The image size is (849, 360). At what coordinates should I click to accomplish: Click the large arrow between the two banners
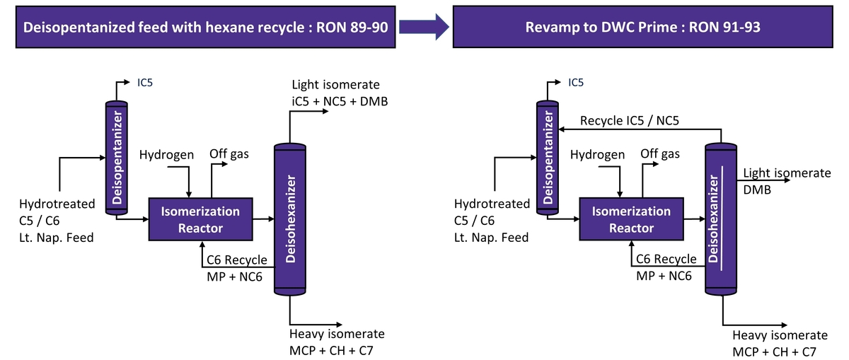(423, 28)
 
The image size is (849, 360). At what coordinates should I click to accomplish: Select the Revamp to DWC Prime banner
(647, 28)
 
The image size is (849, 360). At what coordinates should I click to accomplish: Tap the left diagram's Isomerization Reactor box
(201, 219)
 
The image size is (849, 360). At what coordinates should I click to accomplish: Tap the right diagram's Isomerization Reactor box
(631, 219)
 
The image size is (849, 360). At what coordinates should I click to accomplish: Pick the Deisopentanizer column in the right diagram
(547, 158)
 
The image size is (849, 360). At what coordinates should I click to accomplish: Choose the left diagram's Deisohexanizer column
(291, 219)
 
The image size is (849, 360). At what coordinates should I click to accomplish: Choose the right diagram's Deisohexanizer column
(722, 219)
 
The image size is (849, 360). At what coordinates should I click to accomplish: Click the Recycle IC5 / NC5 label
(630, 121)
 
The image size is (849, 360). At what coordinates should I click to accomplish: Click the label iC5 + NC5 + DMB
(340, 101)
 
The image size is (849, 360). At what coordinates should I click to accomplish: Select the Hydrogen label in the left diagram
(166, 155)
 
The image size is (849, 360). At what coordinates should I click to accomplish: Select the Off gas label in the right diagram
(660, 154)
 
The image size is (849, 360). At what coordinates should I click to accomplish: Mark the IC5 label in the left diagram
(145, 83)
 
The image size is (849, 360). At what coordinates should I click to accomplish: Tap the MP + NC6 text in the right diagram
(664, 275)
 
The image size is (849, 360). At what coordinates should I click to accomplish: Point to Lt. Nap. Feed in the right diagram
(491, 238)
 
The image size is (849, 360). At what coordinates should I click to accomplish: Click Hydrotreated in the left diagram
(57, 204)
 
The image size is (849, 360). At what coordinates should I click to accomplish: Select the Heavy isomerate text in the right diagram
(780, 335)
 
